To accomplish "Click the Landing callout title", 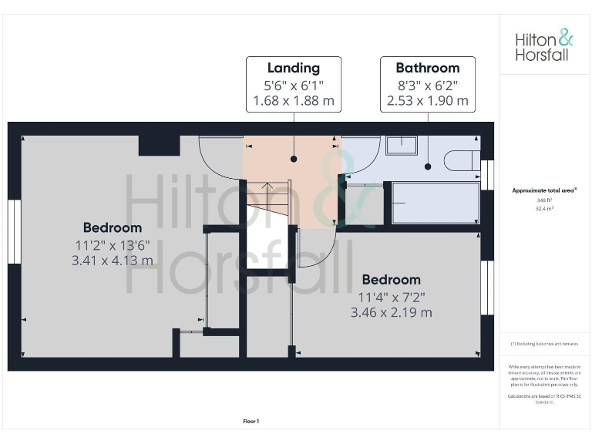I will click(x=293, y=68).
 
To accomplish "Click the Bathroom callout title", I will click(x=427, y=68).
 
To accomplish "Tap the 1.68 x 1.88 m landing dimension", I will click(x=293, y=100).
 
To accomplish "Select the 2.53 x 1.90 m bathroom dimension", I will click(x=427, y=100).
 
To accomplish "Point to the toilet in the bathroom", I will click(x=460, y=160).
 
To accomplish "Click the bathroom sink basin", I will click(x=401, y=145).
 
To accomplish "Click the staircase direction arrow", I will click(x=267, y=186).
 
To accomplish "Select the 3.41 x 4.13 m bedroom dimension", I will click(x=113, y=260).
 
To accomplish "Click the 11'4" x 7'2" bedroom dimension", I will click(x=392, y=297).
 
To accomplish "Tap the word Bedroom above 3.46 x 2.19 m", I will click(x=392, y=280).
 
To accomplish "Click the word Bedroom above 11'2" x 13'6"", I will click(x=113, y=227).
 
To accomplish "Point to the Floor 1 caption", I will click(x=251, y=421).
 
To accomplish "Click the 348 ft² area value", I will click(x=545, y=200).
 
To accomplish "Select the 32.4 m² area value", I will click(x=545, y=208).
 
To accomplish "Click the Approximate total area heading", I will click(x=544, y=190).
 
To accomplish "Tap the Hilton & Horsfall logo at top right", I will click(x=544, y=45).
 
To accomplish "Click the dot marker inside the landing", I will click(x=293, y=159).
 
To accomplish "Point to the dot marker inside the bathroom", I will click(x=428, y=165).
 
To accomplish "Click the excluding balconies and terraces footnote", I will click(x=545, y=343).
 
